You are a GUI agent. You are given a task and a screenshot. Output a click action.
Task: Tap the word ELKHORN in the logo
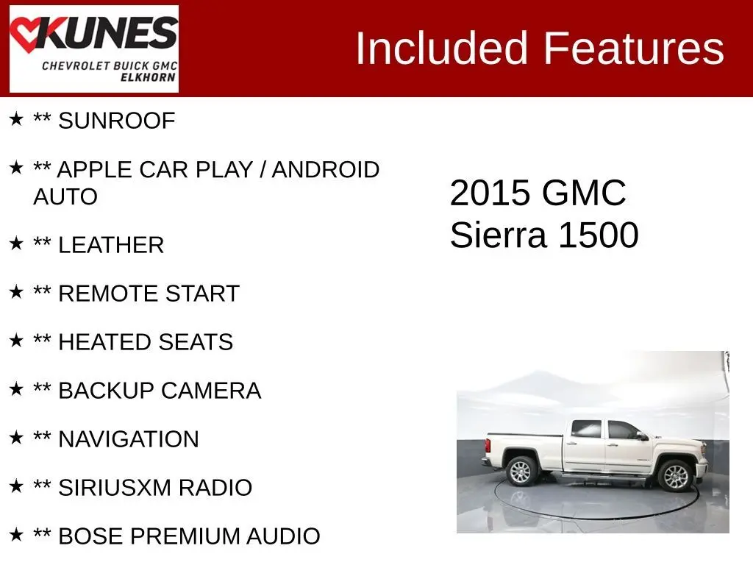click(148, 77)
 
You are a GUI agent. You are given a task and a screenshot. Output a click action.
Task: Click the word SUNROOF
click(117, 121)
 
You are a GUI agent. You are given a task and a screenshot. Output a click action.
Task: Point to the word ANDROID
click(326, 170)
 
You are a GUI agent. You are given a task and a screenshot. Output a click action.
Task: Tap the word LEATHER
click(111, 245)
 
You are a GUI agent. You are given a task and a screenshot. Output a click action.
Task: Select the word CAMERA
click(211, 391)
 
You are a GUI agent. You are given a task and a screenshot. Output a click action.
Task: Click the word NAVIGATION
click(129, 439)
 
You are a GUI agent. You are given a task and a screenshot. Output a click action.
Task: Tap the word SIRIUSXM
click(115, 488)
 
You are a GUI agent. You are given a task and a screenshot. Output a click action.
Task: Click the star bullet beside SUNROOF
click(16, 118)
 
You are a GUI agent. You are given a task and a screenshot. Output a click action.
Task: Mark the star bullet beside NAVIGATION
click(16, 437)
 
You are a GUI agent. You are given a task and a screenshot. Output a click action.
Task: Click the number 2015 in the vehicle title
click(490, 193)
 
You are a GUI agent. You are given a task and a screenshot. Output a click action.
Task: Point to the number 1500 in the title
click(599, 235)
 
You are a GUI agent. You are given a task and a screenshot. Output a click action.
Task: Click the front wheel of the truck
click(675, 475)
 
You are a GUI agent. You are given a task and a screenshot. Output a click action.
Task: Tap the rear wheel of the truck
click(521, 471)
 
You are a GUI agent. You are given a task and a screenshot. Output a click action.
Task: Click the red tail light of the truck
click(488, 445)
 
